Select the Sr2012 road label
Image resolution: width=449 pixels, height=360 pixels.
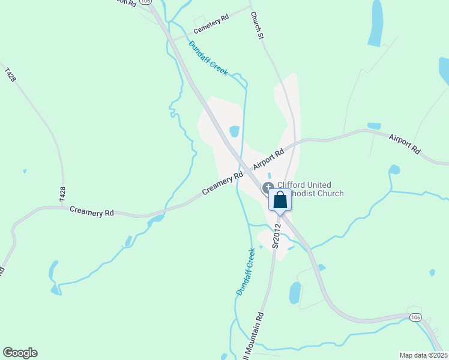(277, 236)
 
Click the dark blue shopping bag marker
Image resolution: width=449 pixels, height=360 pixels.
(280, 200)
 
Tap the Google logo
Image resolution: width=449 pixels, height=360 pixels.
(20, 353)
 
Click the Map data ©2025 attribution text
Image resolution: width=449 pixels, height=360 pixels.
(423, 355)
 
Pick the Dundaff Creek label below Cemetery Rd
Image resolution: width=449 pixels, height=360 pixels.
(209, 58)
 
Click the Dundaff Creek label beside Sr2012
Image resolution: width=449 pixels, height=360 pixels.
(246, 272)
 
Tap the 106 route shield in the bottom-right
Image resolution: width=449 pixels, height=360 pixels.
(415, 317)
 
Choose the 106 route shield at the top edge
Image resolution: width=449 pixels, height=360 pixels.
(145, 2)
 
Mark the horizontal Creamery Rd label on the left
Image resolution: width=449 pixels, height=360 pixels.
(92, 211)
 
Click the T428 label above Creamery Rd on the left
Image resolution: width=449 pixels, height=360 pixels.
(62, 193)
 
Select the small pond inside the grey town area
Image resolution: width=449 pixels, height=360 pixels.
(235, 131)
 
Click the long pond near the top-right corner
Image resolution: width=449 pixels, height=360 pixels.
(376, 24)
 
